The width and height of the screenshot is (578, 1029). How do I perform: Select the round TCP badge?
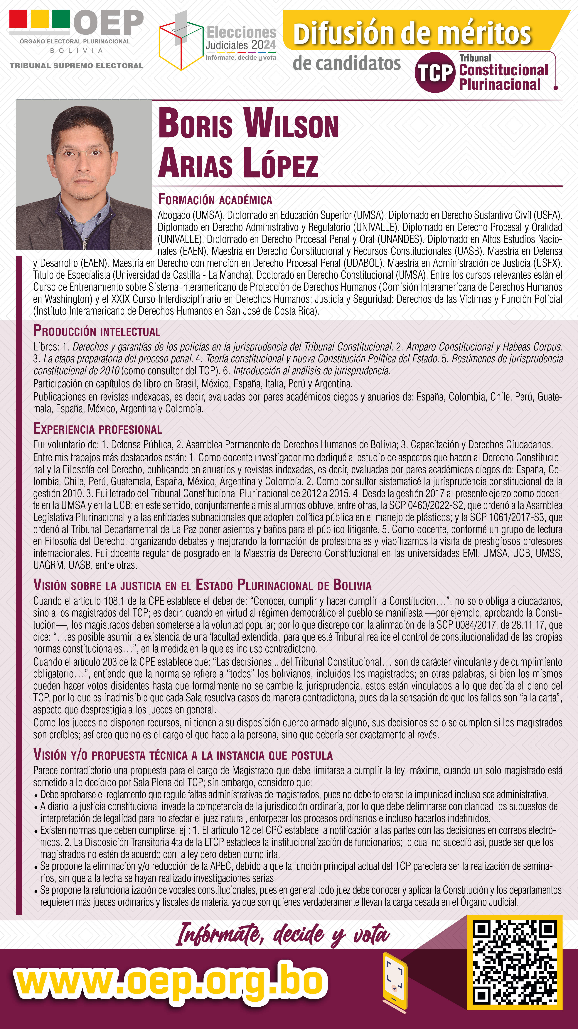pyautogui.click(x=435, y=72)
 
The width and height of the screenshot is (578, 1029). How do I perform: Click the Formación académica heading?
pyautogui.click(x=215, y=199)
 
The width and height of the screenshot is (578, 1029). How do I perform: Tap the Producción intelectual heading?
pyautogui.click(x=97, y=331)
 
